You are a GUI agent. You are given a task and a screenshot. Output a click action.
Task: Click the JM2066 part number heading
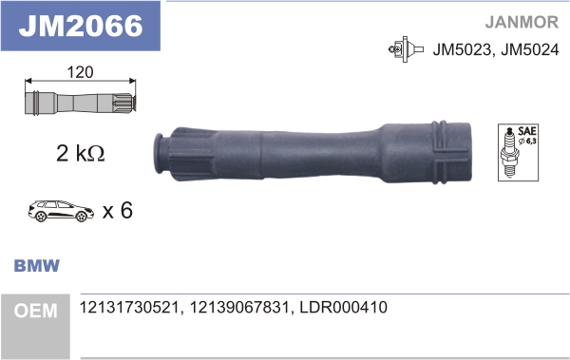point(81,26)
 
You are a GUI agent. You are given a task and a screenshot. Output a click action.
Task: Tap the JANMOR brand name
point(522,22)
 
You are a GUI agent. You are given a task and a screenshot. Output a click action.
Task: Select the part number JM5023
point(462,49)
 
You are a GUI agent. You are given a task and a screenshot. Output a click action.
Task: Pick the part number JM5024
point(530,49)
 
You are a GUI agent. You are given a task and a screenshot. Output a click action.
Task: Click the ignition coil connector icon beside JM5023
point(406,49)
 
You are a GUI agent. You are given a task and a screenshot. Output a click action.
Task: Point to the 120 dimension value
point(80,72)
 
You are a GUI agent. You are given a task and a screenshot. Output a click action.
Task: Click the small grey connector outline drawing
point(81,104)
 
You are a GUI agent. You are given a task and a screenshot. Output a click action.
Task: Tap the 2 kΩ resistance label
point(81,153)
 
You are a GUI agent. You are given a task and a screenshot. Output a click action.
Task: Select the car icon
point(61,211)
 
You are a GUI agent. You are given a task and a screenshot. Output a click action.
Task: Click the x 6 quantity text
point(118,210)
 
